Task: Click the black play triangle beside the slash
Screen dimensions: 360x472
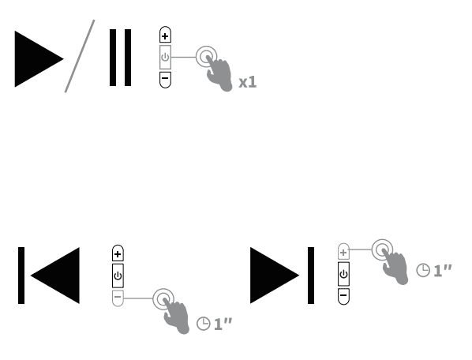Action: (36, 58)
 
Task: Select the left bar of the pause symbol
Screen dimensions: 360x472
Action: (114, 58)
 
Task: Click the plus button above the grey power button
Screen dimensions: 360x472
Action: (164, 36)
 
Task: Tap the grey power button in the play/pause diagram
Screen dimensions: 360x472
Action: (164, 57)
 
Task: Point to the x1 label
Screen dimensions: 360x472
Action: (247, 81)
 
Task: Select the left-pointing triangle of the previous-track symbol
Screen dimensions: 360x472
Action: (55, 276)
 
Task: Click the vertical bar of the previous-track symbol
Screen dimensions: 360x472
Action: (22, 276)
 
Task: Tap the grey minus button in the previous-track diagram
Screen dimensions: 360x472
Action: (118, 298)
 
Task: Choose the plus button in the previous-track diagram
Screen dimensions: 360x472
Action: (118, 253)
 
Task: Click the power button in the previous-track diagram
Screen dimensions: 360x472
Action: (118, 276)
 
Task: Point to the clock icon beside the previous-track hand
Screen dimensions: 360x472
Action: (203, 324)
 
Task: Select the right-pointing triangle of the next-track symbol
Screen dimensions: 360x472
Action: (274, 276)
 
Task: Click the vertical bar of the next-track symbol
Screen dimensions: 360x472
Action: (311, 276)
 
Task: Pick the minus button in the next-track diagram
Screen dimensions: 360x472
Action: (343, 296)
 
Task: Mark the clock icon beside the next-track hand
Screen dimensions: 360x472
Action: (423, 270)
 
